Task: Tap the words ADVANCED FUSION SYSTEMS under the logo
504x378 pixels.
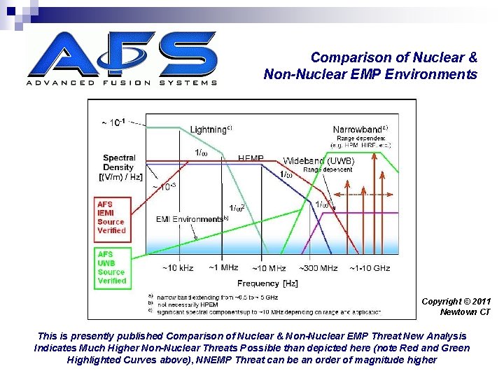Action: pyautogui.click(x=122, y=83)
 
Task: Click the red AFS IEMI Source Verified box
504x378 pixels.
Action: pyautogui.click(x=112, y=217)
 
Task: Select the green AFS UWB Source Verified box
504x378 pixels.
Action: pyautogui.click(x=112, y=267)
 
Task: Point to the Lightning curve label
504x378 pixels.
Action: pyautogui.click(x=211, y=129)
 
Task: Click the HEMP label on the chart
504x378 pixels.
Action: pyautogui.click(x=251, y=160)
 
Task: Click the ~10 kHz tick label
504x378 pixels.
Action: pyautogui.click(x=178, y=268)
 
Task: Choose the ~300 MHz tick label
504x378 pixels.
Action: pyautogui.click(x=318, y=268)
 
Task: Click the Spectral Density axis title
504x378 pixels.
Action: pyautogui.click(x=119, y=167)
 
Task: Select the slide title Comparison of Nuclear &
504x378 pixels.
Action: pyautogui.click(x=393, y=57)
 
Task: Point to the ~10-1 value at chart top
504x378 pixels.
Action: pyautogui.click(x=114, y=122)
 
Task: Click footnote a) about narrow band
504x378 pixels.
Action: pyautogui.click(x=217, y=297)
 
